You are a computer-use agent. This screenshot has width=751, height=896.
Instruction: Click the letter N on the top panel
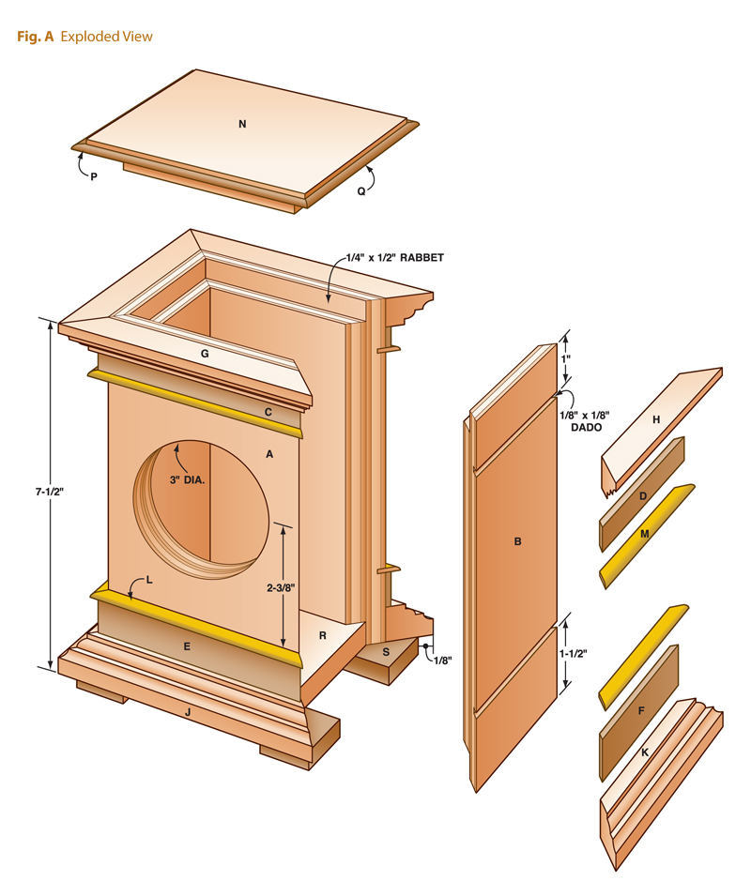242,124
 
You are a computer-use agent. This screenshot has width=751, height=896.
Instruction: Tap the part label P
94,175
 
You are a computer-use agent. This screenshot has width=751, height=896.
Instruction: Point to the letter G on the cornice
204,355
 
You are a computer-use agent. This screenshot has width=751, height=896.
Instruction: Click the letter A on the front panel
269,454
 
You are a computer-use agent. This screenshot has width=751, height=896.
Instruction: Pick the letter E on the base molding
187,646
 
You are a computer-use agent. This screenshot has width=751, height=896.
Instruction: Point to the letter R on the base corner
322,636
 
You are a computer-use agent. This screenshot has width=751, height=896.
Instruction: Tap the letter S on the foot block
386,650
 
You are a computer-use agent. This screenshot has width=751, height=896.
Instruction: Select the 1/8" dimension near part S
442,661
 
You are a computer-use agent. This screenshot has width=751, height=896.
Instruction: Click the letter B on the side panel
517,541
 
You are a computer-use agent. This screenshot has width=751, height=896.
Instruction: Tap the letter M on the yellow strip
645,533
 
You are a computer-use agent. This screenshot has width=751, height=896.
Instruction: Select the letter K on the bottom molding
645,753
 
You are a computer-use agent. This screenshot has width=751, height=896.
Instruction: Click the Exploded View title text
106,37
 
